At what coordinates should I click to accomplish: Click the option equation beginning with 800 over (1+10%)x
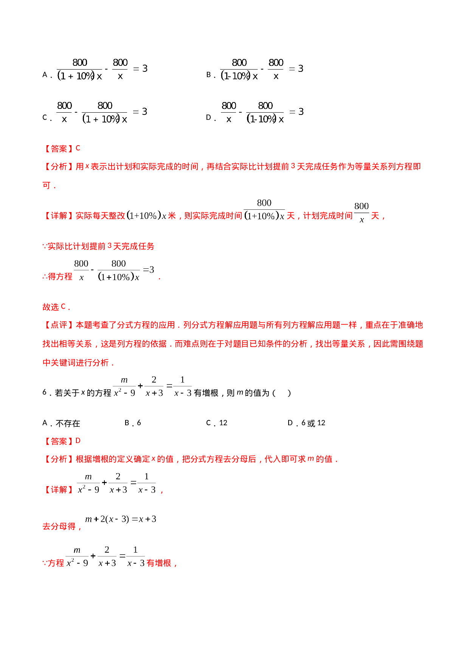(x=101, y=70)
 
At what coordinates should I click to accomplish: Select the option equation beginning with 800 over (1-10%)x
(x=261, y=70)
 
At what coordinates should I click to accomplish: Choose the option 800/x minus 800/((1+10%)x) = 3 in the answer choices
(x=101, y=113)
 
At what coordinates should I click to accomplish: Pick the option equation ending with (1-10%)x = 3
(x=262, y=113)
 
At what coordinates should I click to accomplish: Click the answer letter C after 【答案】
(x=78, y=148)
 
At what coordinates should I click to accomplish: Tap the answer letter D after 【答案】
(x=78, y=441)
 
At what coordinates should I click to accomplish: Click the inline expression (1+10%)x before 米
(x=146, y=216)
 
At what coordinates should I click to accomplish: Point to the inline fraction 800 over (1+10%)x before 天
(x=264, y=211)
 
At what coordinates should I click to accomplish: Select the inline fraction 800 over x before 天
(x=362, y=212)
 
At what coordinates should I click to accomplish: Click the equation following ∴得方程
(x=113, y=271)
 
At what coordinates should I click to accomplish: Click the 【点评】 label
(x=59, y=325)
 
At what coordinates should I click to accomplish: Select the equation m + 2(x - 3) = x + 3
(x=120, y=519)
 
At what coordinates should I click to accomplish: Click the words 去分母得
(x=61, y=527)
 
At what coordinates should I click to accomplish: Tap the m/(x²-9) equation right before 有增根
(x=105, y=556)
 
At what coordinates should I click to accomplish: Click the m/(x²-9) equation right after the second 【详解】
(x=116, y=483)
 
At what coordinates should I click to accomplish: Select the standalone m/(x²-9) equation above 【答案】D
(x=152, y=386)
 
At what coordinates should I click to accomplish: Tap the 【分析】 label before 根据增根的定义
(x=59, y=459)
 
